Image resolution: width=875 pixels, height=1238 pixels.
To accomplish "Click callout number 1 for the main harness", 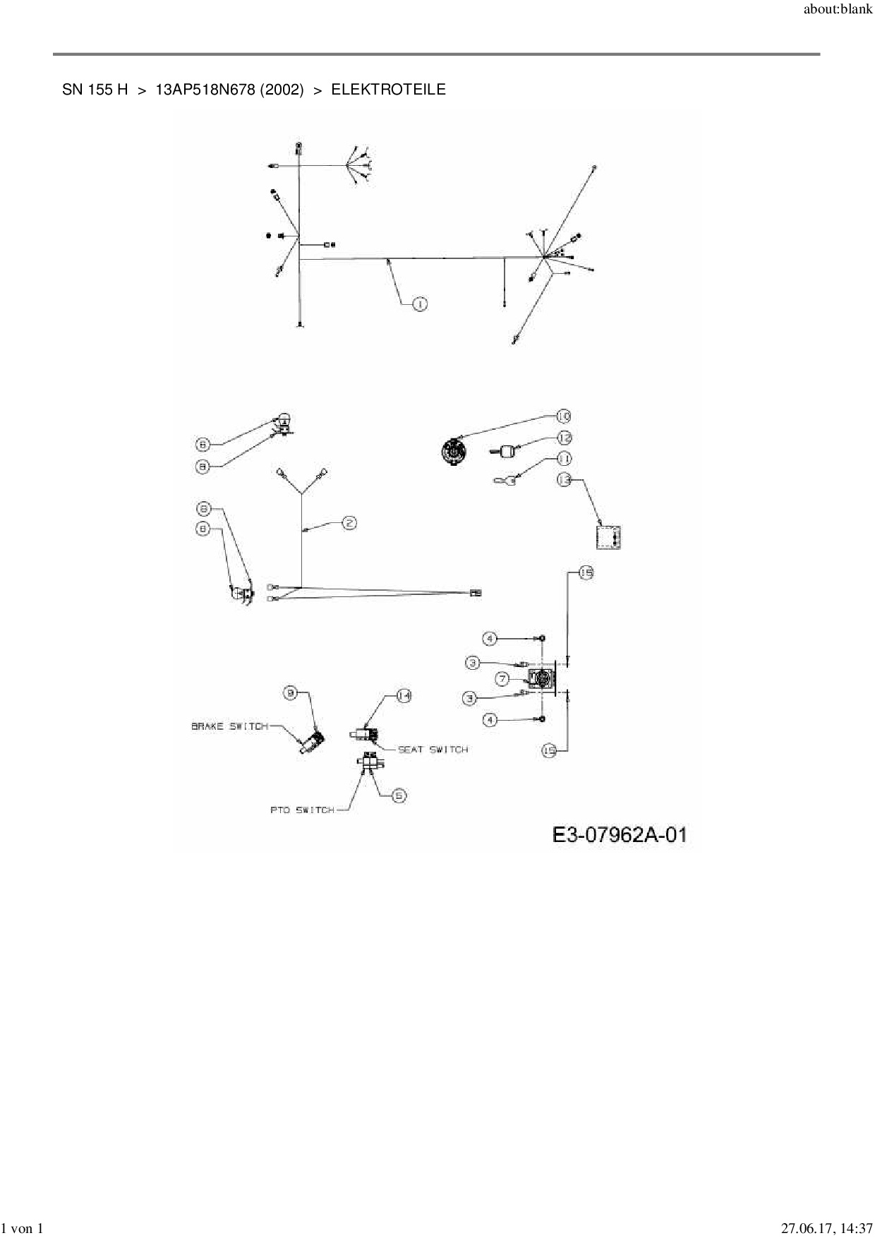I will (419, 304).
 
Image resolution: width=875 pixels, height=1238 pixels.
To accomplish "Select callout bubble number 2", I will (349, 523).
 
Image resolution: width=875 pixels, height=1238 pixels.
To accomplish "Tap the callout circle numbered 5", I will (399, 795).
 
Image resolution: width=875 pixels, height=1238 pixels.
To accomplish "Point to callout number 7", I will (502, 679).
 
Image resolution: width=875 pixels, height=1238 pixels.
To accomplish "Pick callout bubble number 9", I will (291, 693).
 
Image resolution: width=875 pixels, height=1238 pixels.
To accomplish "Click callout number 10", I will (563, 416).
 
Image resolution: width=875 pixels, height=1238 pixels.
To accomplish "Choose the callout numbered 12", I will (564, 438).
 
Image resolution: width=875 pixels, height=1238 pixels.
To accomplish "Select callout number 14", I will (403, 696).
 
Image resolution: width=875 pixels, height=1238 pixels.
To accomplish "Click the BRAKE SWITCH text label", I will (229, 726).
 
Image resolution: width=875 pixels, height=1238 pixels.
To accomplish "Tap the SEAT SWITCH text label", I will (433, 750).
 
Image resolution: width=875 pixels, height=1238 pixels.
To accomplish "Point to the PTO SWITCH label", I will (302, 810).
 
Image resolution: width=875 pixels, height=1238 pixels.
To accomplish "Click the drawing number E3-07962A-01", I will (619, 836).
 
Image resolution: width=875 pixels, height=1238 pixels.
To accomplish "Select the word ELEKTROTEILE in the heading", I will (388, 90).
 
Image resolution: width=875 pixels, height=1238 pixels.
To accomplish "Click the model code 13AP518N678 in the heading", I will (205, 90).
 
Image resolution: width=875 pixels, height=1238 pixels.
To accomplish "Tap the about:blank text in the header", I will (838, 11).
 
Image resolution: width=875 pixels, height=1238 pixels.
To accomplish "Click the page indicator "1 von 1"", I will (23, 1229).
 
